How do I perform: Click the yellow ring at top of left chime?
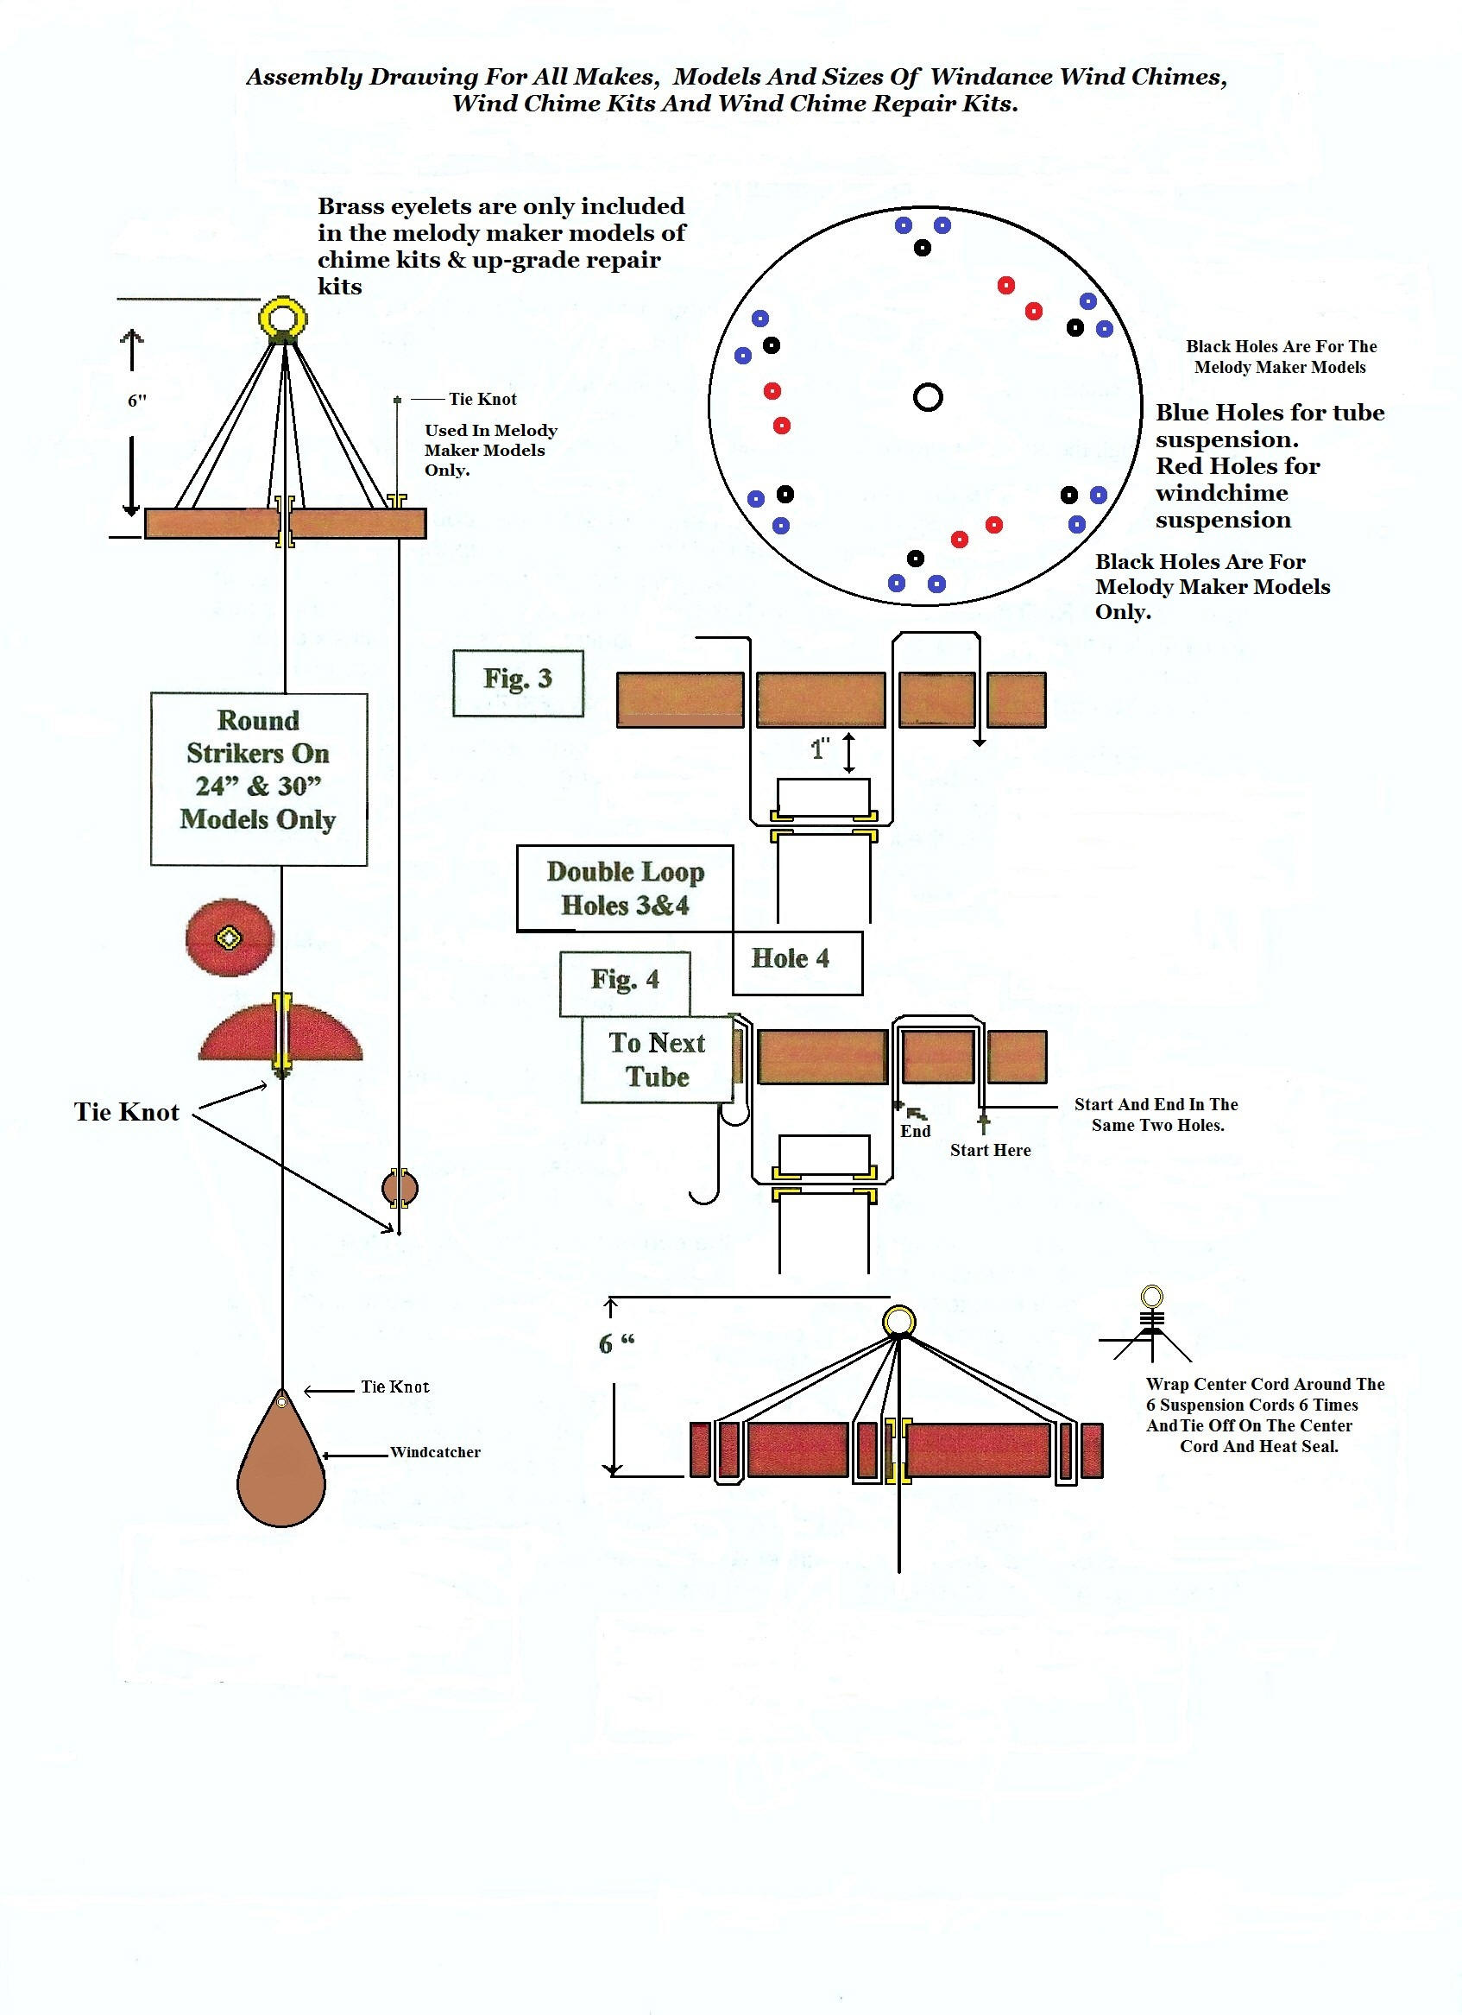[282, 316]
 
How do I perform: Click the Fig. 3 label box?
[518, 682]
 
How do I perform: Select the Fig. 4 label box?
[625, 982]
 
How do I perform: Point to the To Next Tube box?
[658, 1059]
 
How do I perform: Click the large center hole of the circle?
[927, 396]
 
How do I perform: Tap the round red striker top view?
[230, 938]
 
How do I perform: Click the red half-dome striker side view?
[280, 1035]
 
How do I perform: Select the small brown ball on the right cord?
[400, 1188]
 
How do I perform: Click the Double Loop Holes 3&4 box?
[626, 887]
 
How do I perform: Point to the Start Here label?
[989, 1150]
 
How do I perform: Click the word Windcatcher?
[435, 1452]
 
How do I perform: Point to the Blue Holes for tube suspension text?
[1269, 426]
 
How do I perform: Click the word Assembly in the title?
[304, 78]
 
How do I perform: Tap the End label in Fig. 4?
[915, 1130]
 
